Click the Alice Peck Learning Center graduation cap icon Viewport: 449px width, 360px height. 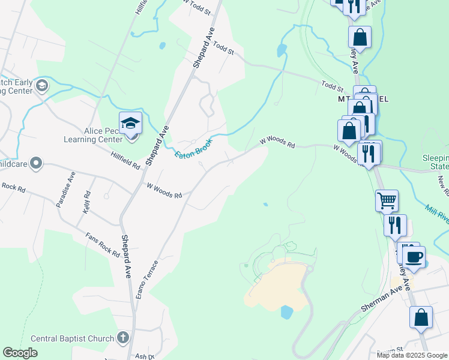pyautogui.click(x=130, y=123)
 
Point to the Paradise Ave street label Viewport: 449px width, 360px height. pyautogui.click(x=65, y=189)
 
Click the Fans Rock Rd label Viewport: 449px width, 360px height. pyautogui.click(x=102, y=244)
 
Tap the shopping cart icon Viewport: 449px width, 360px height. pyautogui.click(x=387, y=200)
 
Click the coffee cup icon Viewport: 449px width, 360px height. pyautogui.click(x=414, y=257)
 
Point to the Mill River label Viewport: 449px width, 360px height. pyautogui.click(x=437, y=213)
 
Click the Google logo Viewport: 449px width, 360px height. pyautogui.click(x=20, y=352)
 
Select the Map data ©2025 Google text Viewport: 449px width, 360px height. pyautogui.click(x=412, y=355)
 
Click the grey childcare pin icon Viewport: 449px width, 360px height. pyautogui.click(x=36, y=163)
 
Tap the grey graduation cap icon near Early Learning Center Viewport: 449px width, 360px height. pyautogui.click(x=42, y=86)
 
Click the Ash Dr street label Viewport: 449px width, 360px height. pyautogui.click(x=144, y=355)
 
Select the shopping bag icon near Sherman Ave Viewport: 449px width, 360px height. pyautogui.click(x=421, y=317)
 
